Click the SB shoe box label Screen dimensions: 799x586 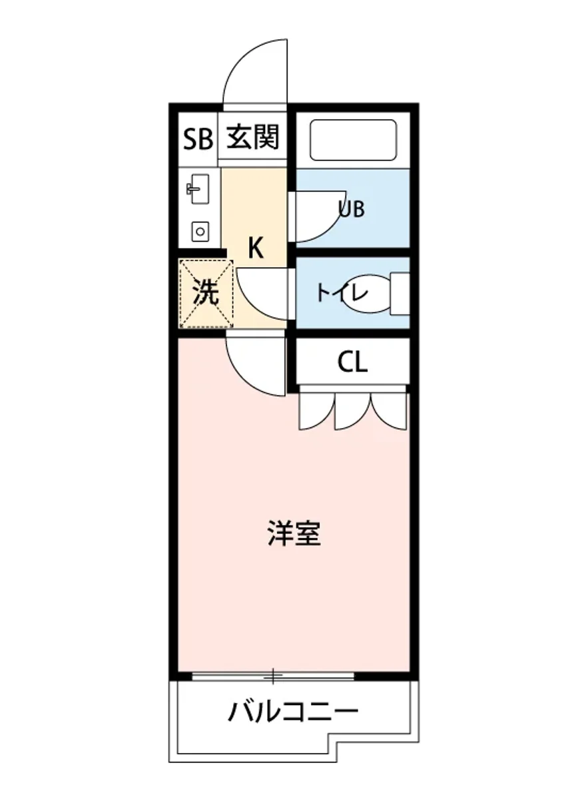click(x=197, y=139)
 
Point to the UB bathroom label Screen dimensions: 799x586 click(x=352, y=209)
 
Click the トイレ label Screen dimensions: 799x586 click(x=342, y=293)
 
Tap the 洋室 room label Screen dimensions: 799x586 click(x=294, y=533)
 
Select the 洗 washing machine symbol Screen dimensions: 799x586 click(x=206, y=294)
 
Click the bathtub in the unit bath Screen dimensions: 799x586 click(x=353, y=140)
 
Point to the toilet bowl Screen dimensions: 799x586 click(x=366, y=294)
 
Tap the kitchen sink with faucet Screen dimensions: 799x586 click(x=198, y=190)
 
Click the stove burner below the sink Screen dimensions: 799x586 click(x=199, y=231)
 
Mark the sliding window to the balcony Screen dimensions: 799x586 click(x=273, y=676)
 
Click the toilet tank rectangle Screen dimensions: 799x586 click(x=400, y=293)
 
